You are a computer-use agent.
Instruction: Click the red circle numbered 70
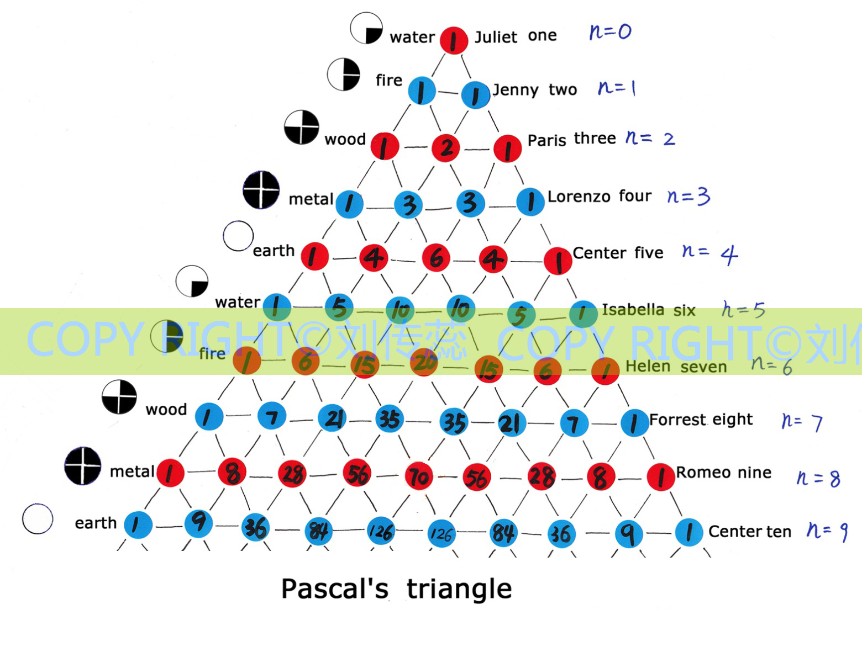(x=419, y=476)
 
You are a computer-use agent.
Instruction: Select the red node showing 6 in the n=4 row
(x=436, y=257)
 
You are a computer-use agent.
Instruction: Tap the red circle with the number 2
(x=446, y=147)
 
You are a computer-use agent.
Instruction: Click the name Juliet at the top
(x=496, y=37)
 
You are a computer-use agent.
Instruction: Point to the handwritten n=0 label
(x=610, y=31)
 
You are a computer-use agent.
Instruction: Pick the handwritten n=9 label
(x=827, y=531)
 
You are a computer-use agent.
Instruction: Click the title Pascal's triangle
(x=396, y=589)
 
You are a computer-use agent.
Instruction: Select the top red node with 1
(x=454, y=40)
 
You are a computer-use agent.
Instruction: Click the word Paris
(x=547, y=140)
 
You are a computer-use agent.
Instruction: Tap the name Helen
(x=647, y=367)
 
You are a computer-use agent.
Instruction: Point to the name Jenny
(x=515, y=89)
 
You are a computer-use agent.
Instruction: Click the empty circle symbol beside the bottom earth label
(x=38, y=519)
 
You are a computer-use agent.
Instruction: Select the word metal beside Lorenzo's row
(x=311, y=199)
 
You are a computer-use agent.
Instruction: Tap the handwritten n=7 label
(x=802, y=422)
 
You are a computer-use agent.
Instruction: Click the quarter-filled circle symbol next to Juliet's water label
(x=366, y=28)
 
